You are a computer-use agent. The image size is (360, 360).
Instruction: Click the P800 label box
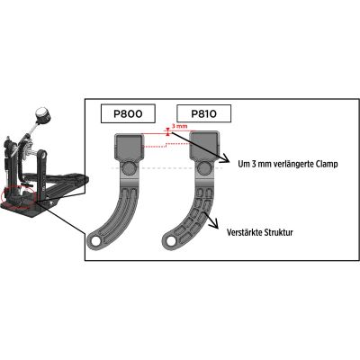click(128, 113)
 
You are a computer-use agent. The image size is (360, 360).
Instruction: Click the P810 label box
click(204, 113)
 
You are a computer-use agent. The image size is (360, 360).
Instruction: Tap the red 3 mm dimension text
click(179, 126)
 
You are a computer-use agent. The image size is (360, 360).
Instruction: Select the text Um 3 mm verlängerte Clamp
click(288, 164)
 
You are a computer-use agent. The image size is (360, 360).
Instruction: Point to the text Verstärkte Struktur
click(260, 232)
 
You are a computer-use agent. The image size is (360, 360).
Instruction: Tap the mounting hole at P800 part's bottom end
click(95, 241)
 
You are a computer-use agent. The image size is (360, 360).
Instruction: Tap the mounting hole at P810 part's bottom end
click(171, 240)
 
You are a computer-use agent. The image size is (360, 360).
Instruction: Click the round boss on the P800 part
click(130, 167)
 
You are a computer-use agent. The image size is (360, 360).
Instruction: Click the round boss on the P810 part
click(204, 167)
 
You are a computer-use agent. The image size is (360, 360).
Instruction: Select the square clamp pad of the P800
click(130, 147)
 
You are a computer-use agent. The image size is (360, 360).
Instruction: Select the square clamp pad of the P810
click(205, 146)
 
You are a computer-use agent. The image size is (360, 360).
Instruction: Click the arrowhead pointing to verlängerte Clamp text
click(225, 160)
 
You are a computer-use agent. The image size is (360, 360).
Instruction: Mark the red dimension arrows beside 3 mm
click(168, 131)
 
